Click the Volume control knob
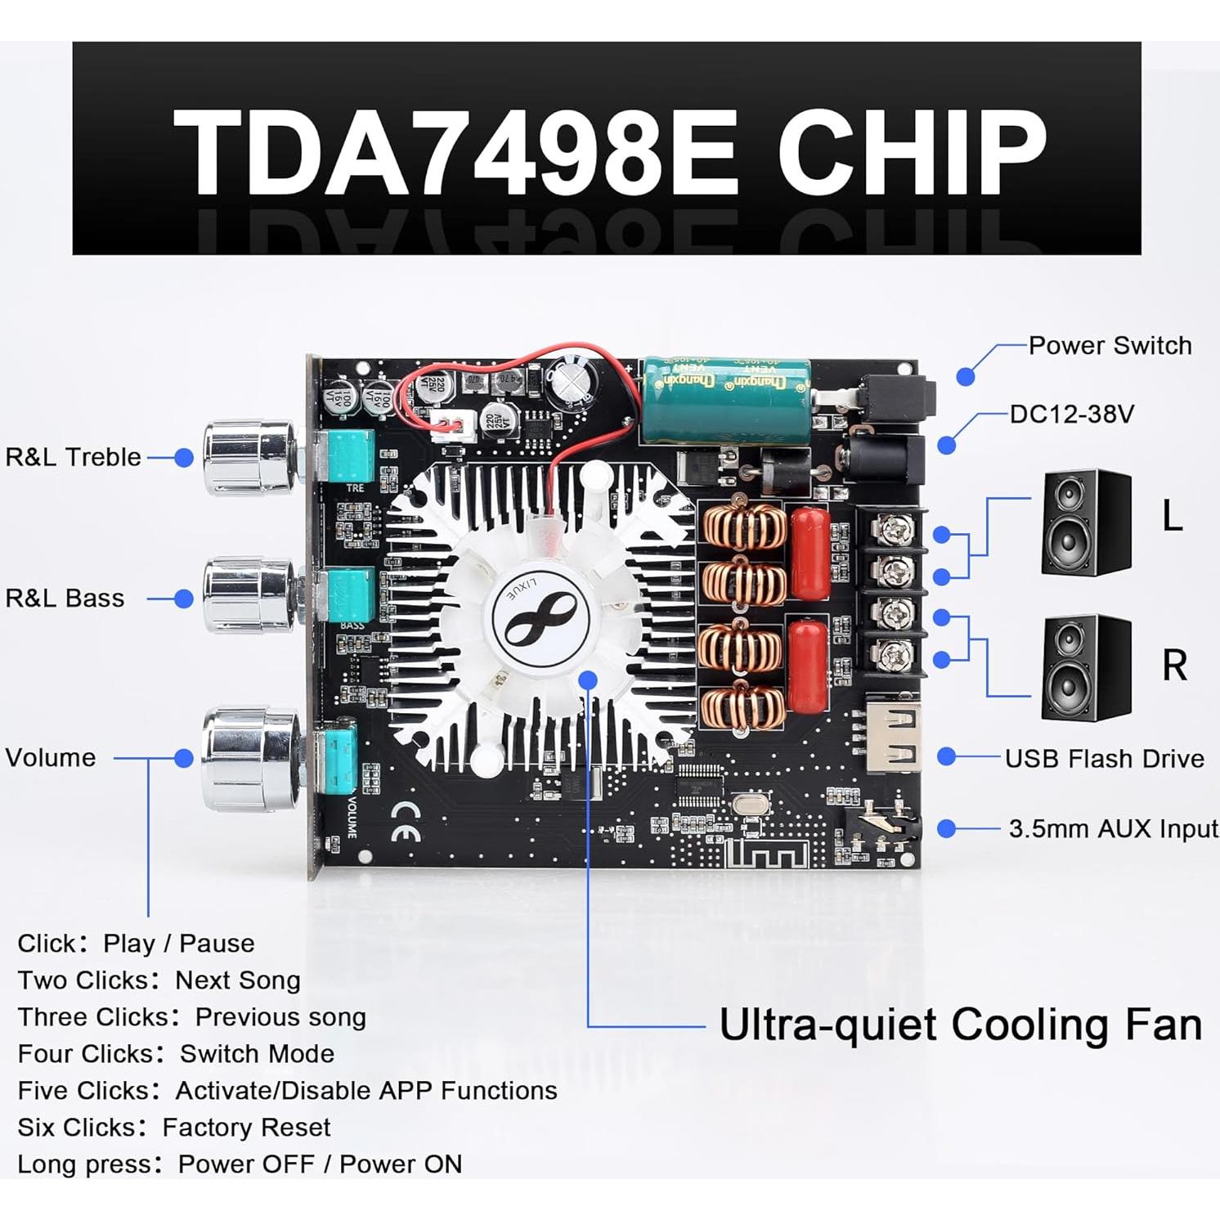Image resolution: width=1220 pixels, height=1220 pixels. (x=250, y=759)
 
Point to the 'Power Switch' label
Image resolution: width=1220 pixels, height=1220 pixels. (x=1110, y=346)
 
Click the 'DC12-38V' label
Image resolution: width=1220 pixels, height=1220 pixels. (x=1071, y=415)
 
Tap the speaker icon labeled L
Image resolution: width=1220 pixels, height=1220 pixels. (x=1086, y=523)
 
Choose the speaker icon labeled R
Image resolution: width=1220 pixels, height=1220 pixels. (x=1086, y=667)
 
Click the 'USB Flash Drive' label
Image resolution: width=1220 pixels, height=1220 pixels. (x=1104, y=759)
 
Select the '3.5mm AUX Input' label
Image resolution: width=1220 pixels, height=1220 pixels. (x=1113, y=829)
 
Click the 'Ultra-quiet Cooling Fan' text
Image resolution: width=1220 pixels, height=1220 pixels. (x=960, y=1025)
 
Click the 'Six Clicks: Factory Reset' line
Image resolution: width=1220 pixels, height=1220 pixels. (x=174, y=1128)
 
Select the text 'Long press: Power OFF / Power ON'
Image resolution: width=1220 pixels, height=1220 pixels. (x=240, y=1164)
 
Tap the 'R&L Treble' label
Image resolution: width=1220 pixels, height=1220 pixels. (x=73, y=457)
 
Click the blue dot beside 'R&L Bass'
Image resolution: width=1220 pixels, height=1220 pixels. (x=184, y=599)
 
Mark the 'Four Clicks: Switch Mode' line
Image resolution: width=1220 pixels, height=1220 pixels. (x=176, y=1054)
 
